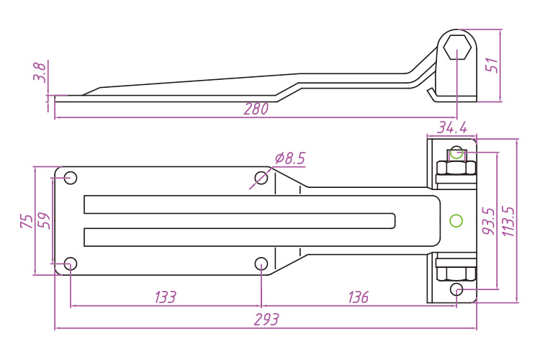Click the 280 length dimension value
coord(256,109)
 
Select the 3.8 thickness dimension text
coord(40,72)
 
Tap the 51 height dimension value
coord(492,65)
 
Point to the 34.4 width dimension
coord(452,128)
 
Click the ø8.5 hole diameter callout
coord(290,158)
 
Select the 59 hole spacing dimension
coord(45,221)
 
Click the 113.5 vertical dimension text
coord(508,221)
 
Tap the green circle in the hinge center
coord(455,220)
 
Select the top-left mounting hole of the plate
coord(71,178)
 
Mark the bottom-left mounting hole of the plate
coord(71,264)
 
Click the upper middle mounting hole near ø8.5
coord(261,178)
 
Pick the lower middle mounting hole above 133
coord(261,264)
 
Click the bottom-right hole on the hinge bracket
coord(456,289)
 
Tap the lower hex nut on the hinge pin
coord(456,273)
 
